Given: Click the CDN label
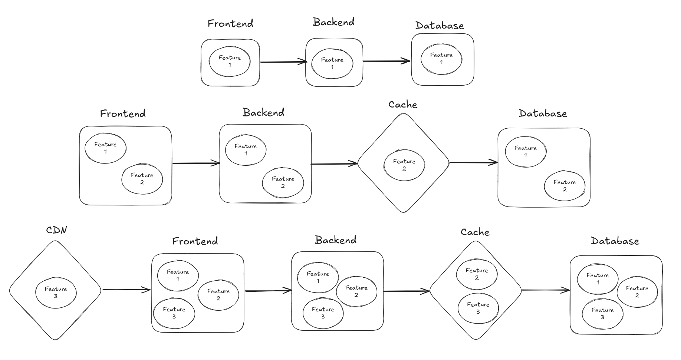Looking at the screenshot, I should [56, 230].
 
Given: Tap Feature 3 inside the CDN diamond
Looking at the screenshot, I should [56, 293].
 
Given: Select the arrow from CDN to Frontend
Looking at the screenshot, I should [126, 290].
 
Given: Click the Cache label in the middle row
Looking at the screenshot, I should [403, 105].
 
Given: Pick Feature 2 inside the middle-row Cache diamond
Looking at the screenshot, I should [404, 165].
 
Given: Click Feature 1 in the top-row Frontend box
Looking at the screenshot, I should [230, 61].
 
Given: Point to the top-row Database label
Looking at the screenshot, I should [440, 26].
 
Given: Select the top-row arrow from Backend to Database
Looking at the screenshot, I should [386, 61].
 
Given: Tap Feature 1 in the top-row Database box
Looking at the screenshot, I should [441, 59].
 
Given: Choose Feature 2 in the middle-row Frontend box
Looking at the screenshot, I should [142, 179].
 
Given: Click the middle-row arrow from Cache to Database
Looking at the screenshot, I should [473, 162].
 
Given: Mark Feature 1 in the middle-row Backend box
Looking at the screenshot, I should [246, 149].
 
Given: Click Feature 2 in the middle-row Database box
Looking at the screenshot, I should [565, 185].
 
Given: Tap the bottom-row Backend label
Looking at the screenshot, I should [336, 240].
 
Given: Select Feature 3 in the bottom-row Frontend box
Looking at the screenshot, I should [174, 313].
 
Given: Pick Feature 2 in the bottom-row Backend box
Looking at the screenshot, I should [356, 291].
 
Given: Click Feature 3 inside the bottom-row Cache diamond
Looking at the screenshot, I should [478, 308].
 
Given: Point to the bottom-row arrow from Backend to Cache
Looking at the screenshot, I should [406, 291].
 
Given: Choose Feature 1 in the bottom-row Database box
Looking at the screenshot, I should [598, 278].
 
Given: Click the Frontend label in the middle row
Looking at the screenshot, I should [123, 113].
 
